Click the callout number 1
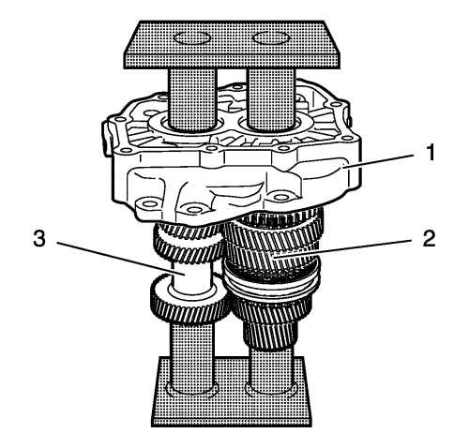(x=431, y=153)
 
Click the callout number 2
(x=429, y=239)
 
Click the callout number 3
(x=39, y=239)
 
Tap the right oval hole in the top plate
(x=271, y=38)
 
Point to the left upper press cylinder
(x=192, y=98)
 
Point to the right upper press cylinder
(x=271, y=98)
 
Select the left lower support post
(x=191, y=356)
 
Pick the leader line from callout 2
(x=345, y=248)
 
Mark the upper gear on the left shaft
(x=188, y=242)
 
